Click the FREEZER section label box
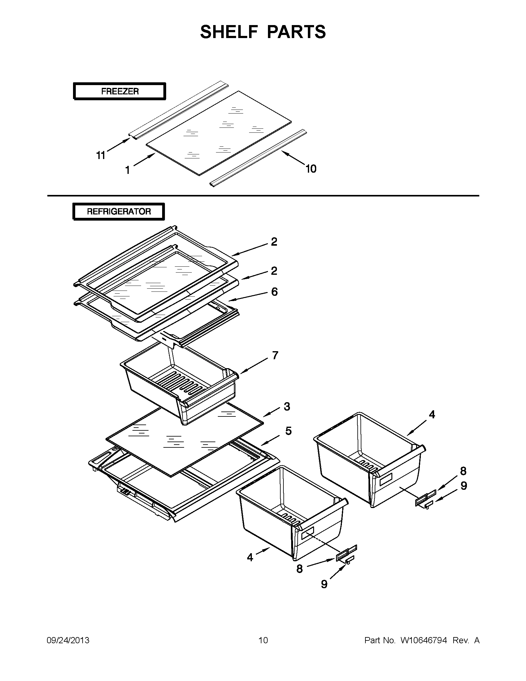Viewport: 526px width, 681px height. click(x=119, y=91)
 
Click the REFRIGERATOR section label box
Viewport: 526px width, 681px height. click(x=119, y=211)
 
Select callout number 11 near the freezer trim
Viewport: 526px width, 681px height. click(x=101, y=155)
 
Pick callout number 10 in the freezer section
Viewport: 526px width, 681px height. click(x=311, y=169)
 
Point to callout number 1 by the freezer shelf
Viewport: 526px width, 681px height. click(x=127, y=170)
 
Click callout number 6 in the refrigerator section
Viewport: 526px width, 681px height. click(x=274, y=292)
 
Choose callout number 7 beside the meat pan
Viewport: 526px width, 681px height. click(x=275, y=356)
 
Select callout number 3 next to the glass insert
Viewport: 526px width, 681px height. click(x=287, y=407)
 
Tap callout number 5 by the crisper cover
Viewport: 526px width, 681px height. click(x=288, y=431)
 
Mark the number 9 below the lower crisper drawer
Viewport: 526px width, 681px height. click(x=324, y=584)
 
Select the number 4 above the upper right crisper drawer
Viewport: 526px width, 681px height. click(x=432, y=414)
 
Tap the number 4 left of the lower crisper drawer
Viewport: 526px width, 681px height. click(x=250, y=557)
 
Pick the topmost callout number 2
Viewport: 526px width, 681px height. click(x=274, y=242)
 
